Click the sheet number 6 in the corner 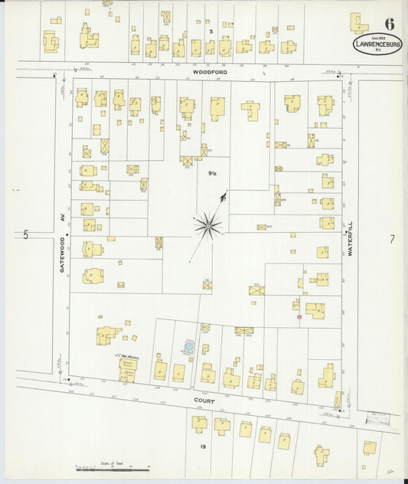click(x=390, y=23)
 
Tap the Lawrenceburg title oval click(x=378, y=44)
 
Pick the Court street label click(x=204, y=400)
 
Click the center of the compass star click(x=207, y=224)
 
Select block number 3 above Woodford click(x=210, y=31)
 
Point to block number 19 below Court click(x=204, y=446)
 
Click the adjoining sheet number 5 click(x=25, y=235)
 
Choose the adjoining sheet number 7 click(x=392, y=240)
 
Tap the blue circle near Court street click(x=188, y=348)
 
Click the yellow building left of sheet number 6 click(x=358, y=22)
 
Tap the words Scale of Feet click(x=112, y=462)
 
